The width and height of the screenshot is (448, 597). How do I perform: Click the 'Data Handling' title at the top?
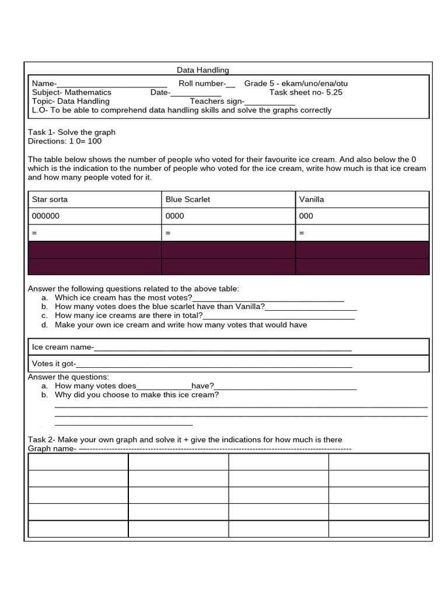[203, 70]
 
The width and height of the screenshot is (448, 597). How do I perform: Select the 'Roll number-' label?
[201, 83]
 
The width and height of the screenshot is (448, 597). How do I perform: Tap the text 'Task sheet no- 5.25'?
[306, 92]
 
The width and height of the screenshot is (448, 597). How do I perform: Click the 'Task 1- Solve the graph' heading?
[72, 132]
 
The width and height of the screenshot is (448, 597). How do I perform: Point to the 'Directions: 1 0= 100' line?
[65, 141]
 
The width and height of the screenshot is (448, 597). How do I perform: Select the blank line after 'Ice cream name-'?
[222, 348]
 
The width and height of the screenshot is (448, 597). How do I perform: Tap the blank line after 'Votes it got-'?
[214, 365]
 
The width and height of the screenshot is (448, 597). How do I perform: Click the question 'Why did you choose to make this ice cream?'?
[136, 395]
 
